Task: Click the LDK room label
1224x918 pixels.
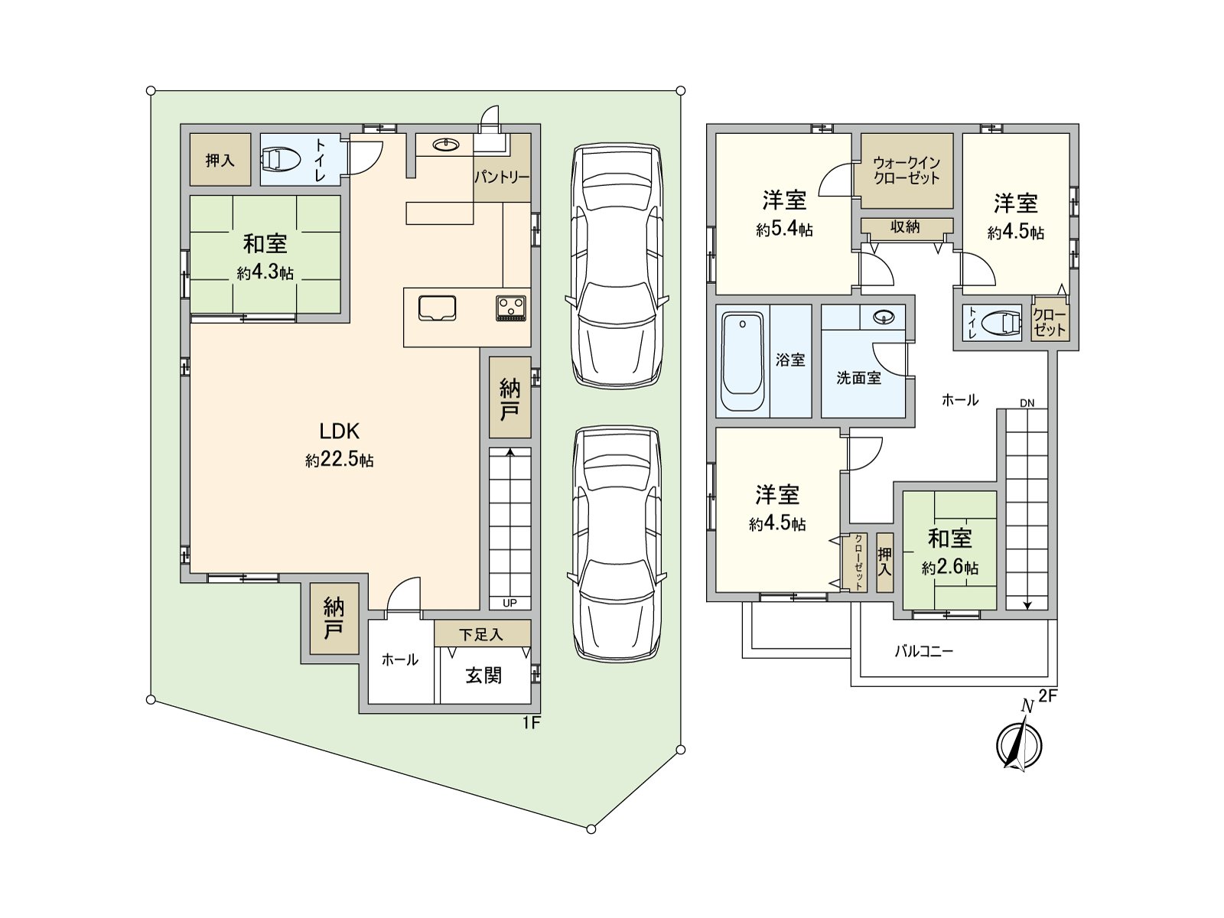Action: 339,431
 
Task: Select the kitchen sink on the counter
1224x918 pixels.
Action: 437,309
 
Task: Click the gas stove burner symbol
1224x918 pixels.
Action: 511,309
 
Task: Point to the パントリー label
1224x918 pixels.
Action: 502,177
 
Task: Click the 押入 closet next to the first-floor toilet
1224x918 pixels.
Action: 220,160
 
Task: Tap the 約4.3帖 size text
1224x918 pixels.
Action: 265,273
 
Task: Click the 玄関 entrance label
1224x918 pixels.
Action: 483,675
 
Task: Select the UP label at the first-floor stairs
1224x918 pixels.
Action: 509,603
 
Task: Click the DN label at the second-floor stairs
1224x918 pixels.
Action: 1027,403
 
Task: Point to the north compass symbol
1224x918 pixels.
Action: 1019,744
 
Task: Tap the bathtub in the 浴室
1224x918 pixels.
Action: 742,361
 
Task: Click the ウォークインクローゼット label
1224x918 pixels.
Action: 907,171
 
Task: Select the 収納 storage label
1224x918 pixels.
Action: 905,227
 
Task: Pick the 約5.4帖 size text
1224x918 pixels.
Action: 784,229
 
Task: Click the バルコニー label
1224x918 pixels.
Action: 924,651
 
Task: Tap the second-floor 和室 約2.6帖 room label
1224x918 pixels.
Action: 949,552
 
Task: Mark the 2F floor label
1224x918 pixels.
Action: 1048,696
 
